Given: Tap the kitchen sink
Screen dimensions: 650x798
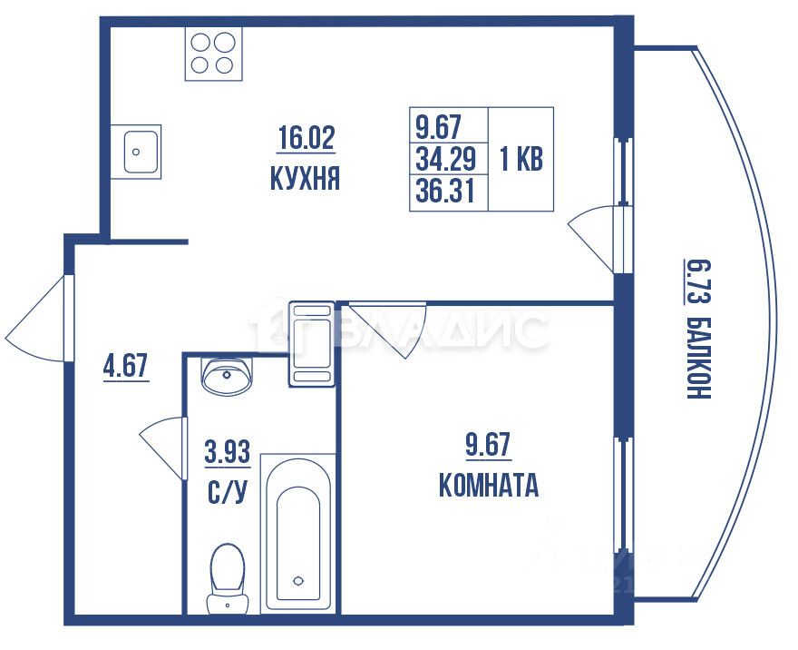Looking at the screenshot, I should point(141,150).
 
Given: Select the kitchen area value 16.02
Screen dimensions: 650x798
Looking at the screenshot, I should point(306,139).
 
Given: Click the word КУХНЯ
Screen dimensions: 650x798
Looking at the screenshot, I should point(306,179).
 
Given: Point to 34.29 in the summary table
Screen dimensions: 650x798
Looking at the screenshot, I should point(445,160).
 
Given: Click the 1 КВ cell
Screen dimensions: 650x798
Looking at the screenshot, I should point(521,160).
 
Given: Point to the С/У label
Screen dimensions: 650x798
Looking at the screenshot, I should point(227,493).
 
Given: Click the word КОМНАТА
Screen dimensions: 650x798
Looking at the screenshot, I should point(488,487).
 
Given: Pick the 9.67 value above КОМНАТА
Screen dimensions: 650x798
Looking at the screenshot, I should point(488,445).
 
